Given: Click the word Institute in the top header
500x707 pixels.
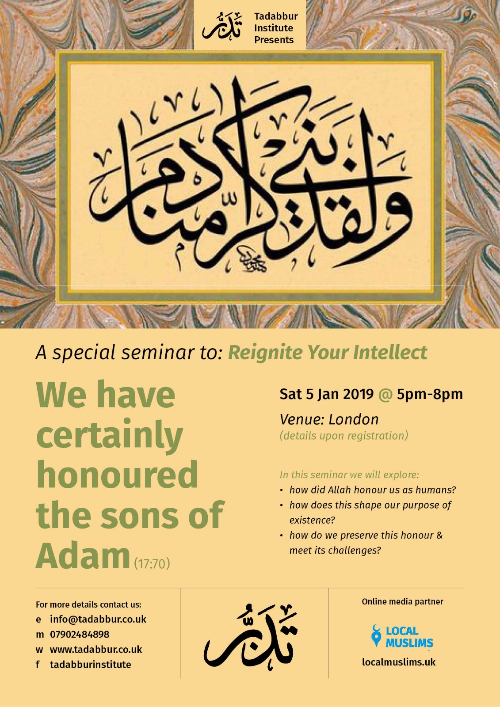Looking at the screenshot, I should point(273,28).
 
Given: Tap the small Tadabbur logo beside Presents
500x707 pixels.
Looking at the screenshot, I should point(222,27).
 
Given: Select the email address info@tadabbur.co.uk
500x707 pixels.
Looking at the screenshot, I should point(98,619).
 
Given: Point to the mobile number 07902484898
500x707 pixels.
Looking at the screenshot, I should point(80,635).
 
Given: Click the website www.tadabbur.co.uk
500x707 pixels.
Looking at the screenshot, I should point(96,650).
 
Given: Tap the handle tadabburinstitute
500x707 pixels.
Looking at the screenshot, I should point(90,665).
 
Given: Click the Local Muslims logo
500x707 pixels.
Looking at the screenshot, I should point(402,637).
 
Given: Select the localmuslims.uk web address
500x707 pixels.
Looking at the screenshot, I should point(398,662).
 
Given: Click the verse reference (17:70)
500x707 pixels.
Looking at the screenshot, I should point(152,564).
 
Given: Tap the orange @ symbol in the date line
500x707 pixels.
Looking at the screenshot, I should point(385,394).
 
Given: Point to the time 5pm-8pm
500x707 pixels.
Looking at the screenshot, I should point(429,394).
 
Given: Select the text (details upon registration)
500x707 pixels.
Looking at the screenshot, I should point(344,436).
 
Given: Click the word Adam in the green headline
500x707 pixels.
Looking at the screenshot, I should point(83,555).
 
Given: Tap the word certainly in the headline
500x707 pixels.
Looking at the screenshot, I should point(109,436).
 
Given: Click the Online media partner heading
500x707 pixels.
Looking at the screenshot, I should point(402,601).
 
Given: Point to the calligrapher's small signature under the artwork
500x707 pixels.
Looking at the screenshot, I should point(250,260).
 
